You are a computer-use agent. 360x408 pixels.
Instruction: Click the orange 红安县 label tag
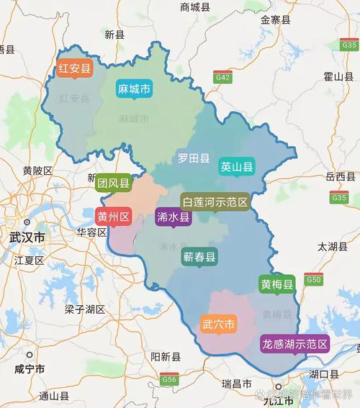click(75, 69)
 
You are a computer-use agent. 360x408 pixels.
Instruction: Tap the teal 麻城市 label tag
click(134, 89)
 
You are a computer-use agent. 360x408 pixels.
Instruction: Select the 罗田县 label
click(194, 158)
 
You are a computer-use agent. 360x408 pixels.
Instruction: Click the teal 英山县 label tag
click(237, 168)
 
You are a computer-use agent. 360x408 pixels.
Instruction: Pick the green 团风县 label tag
click(114, 184)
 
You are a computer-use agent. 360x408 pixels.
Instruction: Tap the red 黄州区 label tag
click(114, 217)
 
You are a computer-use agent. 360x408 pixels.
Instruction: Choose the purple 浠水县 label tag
click(174, 217)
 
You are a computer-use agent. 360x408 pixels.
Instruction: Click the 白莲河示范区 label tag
click(215, 202)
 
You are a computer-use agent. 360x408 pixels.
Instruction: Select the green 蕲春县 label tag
click(199, 257)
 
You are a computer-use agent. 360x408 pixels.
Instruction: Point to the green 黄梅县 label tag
click(277, 285)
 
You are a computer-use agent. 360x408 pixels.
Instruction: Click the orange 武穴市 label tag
click(218, 325)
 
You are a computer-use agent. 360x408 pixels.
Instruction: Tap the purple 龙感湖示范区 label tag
click(294, 343)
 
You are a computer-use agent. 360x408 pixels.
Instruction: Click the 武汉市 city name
click(27, 237)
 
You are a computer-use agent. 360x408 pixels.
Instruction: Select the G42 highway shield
click(222, 76)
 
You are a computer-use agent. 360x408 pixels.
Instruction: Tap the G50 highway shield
click(313, 279)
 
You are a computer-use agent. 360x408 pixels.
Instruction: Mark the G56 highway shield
click(169, 379)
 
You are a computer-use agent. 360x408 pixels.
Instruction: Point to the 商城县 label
click(195, 7)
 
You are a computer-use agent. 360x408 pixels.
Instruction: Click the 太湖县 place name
click(332, 246)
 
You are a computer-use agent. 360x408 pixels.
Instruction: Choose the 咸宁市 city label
click(29, 368)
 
